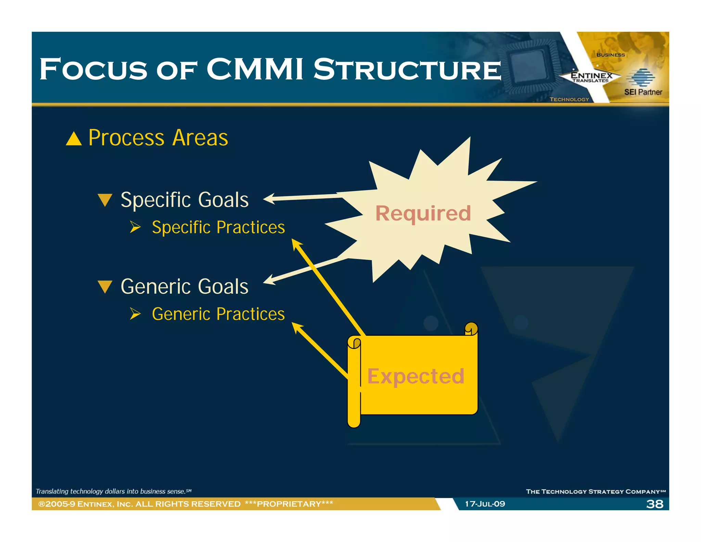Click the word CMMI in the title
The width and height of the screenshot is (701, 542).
(255, 70)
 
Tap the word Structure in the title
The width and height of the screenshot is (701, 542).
(407, 70)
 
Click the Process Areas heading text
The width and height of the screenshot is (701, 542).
(158, 138)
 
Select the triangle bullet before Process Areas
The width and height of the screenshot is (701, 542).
(74, 139)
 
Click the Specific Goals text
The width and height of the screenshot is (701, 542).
(184, 200)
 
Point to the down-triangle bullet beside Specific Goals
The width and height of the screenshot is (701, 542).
(105, 200)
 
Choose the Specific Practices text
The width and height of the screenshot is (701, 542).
(218, 227)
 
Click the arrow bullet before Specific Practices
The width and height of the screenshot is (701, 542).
(135, 227)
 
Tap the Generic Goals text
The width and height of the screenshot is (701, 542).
(184, 286)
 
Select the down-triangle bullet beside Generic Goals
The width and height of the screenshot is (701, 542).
(105, 287)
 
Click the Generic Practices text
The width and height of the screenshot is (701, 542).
(218, 314)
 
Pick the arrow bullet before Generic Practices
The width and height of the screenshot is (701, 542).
(135, 313)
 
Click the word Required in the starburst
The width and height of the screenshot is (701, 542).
(423, 213)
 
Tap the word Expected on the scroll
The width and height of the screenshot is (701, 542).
(416, 377)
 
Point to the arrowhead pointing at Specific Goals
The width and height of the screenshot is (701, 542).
(269, 199)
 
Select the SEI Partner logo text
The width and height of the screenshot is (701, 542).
(643, 92)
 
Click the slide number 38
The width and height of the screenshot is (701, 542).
(654, 504)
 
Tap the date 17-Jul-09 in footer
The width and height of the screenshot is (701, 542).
(485, 504)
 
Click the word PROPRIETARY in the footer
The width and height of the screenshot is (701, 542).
(289, 504)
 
